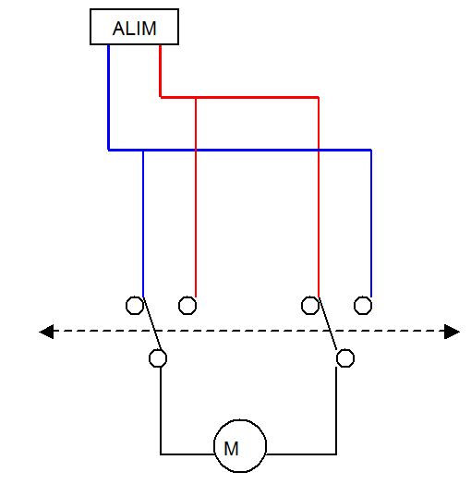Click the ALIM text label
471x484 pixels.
(x=134, y=29)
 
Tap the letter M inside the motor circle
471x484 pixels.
(x=231, y=449)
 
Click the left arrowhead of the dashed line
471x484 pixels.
(x=46, y=332)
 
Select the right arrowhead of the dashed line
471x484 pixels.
(x=452, y=332)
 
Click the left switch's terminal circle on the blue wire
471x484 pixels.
(x=135, y=306)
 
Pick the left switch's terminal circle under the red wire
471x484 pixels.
(x=187, y=306)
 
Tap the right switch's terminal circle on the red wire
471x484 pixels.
(x=310, y=306)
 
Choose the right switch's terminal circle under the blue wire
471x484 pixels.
(x=363, y=306)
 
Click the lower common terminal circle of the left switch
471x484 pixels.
(x=158, y=358)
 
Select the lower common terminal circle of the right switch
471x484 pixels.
(x=345, y=358)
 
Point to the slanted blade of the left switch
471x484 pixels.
(x=152, y=323)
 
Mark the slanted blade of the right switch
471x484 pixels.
(x=328, y=323)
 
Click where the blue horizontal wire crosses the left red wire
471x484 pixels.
(x=196, y=151)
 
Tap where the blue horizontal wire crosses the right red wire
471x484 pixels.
(x=319, y=151)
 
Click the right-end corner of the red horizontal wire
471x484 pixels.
(x=319, y=98)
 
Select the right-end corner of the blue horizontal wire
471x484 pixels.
(x=370, y=151)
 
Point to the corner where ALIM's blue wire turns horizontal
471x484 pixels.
(x=109, y=150)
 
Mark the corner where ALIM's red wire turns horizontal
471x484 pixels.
(x=161, y=97)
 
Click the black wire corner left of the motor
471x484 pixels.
(x=161, y=454)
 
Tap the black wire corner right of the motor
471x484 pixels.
(x=336, y=454)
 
